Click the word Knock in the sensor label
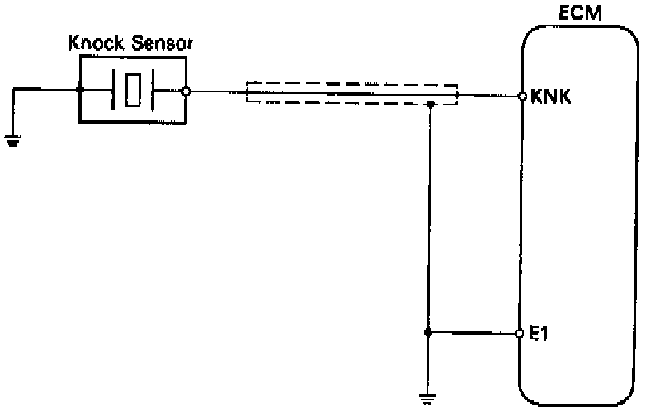tap(90, 44)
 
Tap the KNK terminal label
tap(549, 96)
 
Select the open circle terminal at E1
tap(520, 334)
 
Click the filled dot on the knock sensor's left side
tap(80, 91)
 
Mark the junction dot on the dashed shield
tap(431, 105)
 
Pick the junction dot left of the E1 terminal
tap(427, 333)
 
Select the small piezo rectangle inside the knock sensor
tap(134, 91)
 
